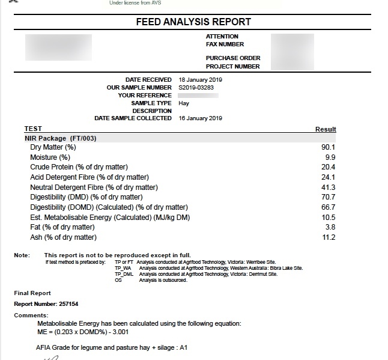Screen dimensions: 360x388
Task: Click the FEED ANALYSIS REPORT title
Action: pos(193,22)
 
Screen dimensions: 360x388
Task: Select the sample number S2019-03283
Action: pos(197,88)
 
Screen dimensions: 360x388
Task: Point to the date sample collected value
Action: pos(201,118)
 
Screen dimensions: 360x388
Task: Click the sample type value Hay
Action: pos(184,103)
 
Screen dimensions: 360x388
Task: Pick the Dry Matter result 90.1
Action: pos(329,147)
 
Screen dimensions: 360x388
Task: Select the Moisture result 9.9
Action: pos(330,157)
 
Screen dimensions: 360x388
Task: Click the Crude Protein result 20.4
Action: pos(329,167)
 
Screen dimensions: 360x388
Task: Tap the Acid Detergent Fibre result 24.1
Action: pos(329,177)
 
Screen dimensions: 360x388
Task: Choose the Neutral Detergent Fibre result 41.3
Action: pos(329,188)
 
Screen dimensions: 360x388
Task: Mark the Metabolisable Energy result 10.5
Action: pos(329,218)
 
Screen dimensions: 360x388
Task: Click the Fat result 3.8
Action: pos(330,227)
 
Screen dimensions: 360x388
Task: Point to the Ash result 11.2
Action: pos(329,237)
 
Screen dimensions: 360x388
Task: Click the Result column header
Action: pos(326,129)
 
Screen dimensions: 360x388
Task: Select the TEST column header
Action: pos(33,129)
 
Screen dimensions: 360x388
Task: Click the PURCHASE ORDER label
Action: pos(233,58)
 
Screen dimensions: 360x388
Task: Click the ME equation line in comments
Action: pos(82,332)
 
